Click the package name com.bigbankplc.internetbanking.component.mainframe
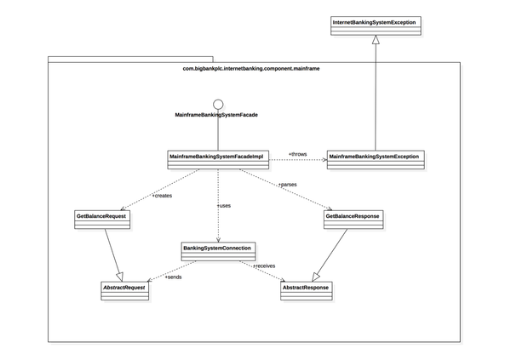click(x=253, y=66)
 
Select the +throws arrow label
click(x=297, y=154)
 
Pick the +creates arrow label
click(x=162, y=196)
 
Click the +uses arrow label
click(x=224, y=205)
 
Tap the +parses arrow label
click(x=288, y=185)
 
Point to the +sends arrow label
click(x=173, y=277)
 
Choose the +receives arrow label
click(x=264, y=266)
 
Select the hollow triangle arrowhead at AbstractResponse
click(x=314, y=277)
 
